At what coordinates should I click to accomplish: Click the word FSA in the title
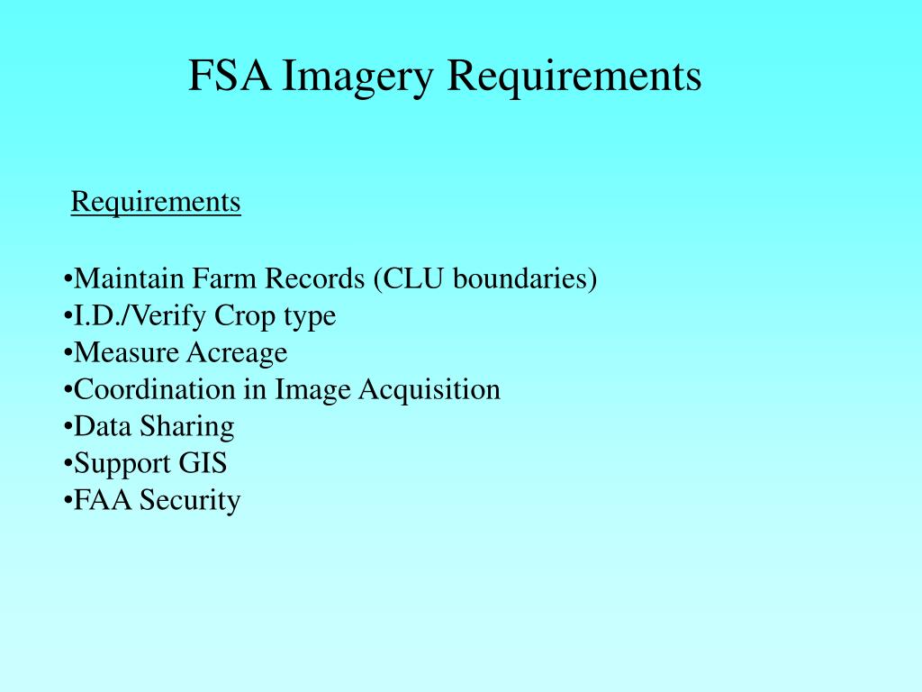tap(230, 75)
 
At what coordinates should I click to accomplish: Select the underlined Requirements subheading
tap(156, 203)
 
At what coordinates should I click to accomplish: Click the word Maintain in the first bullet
tap(129, 278)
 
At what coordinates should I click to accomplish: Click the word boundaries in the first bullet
tap(520, 278)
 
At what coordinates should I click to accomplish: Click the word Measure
tap(126, 352)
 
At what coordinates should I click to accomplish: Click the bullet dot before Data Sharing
tap(68, 426)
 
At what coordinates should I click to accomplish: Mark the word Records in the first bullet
tap(314, 278)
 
